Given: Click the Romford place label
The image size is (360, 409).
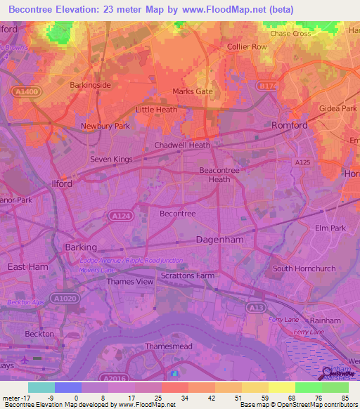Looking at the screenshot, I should coord(290,125).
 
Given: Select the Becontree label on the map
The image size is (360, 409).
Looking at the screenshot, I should coord(178,213).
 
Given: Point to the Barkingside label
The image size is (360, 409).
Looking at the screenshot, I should coord(90,85).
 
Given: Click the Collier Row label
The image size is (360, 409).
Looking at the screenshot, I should coord(247,47).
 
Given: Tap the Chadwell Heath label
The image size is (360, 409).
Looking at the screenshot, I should coord(182,145).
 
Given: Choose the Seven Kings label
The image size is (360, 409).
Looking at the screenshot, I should coord(111,160).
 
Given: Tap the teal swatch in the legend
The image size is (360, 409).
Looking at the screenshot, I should coord(41,387).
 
